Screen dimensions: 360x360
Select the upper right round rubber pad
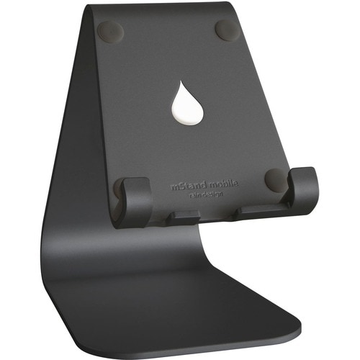click(x=226, y=30)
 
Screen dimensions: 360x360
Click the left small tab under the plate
click(x=186, y=215)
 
